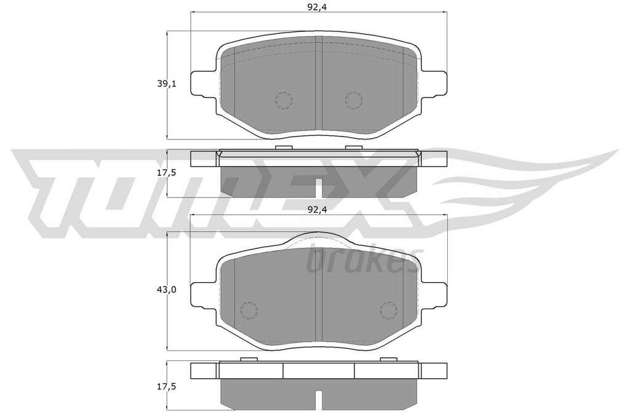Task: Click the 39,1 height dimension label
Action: coord(167,84)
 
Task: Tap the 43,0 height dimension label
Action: coord(167,290)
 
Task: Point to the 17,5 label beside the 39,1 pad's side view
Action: coord(167,173)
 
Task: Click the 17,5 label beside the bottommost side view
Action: coord(167,387)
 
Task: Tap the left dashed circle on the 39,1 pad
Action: coord(284,100)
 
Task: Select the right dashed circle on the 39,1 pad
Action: coord(354,100)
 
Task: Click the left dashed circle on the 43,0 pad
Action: coord(249,310)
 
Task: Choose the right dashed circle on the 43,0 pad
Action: coord(389,310)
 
